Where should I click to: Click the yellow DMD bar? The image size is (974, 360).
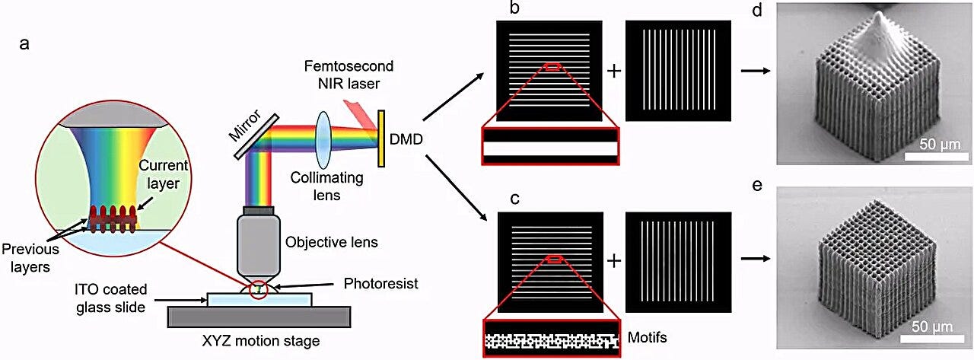381,139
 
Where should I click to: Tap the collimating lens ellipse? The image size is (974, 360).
323,139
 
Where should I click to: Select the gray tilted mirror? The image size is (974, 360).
256,136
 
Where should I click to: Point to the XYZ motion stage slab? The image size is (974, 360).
259,317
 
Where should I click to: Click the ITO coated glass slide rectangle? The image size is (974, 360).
259,299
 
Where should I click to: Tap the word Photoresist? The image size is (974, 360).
380,283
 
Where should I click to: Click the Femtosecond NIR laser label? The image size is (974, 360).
349,75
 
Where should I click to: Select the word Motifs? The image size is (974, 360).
647,337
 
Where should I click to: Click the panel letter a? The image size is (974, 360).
24,43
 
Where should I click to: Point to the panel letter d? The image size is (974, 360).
757,10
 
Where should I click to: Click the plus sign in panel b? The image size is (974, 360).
613,71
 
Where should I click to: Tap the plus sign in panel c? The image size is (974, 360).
613,261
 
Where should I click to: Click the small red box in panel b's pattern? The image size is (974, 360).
552,66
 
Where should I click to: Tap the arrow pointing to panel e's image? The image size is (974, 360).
756,259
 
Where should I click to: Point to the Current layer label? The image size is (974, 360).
163,174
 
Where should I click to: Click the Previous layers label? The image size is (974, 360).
30,257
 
